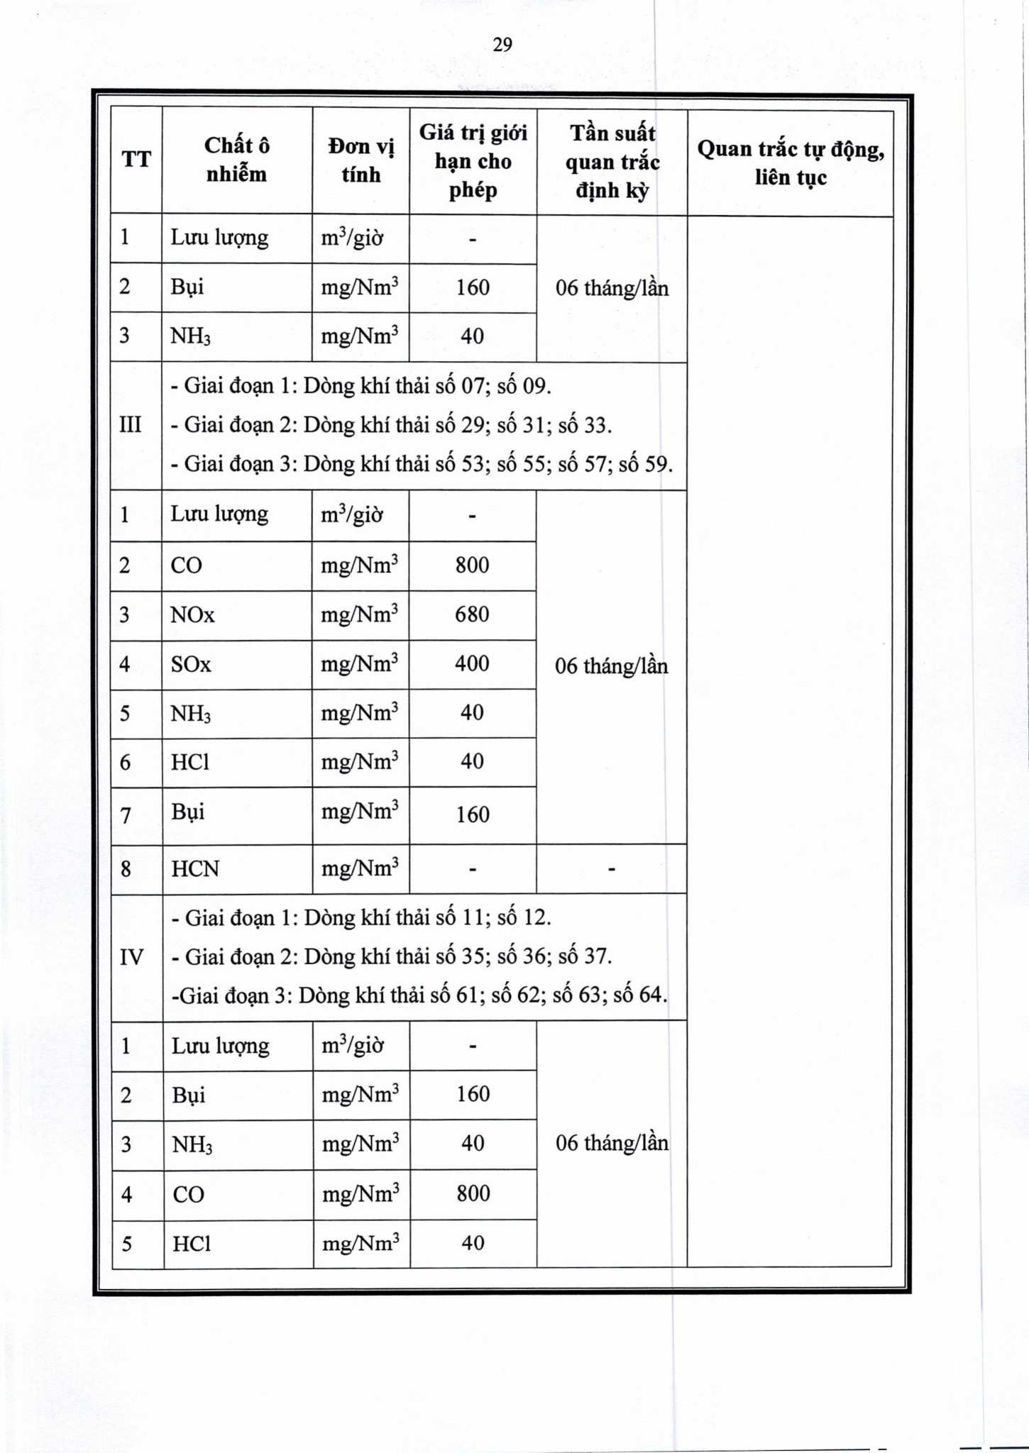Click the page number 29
coord(502,45)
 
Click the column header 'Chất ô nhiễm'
coord(236,160)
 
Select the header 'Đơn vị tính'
coord(361,160)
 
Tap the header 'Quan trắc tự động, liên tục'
coord(791,162)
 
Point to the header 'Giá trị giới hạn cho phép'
coord(473,161)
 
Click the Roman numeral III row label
coord(131,425)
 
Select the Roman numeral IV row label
coord(132,957)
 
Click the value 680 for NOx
coord(472,614)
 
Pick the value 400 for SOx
coord(472,663)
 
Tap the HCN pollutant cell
coord(195,868)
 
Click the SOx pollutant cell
coord(191,664)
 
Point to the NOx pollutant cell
coord(192,614)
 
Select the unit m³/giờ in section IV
coord(353,1046)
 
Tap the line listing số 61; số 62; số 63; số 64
coord(419,995)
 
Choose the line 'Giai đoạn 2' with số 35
coord(392,956)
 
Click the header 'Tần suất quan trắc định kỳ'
coord(612,162)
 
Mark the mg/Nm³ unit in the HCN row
coord(360,868)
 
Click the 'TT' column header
coord(136,160)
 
